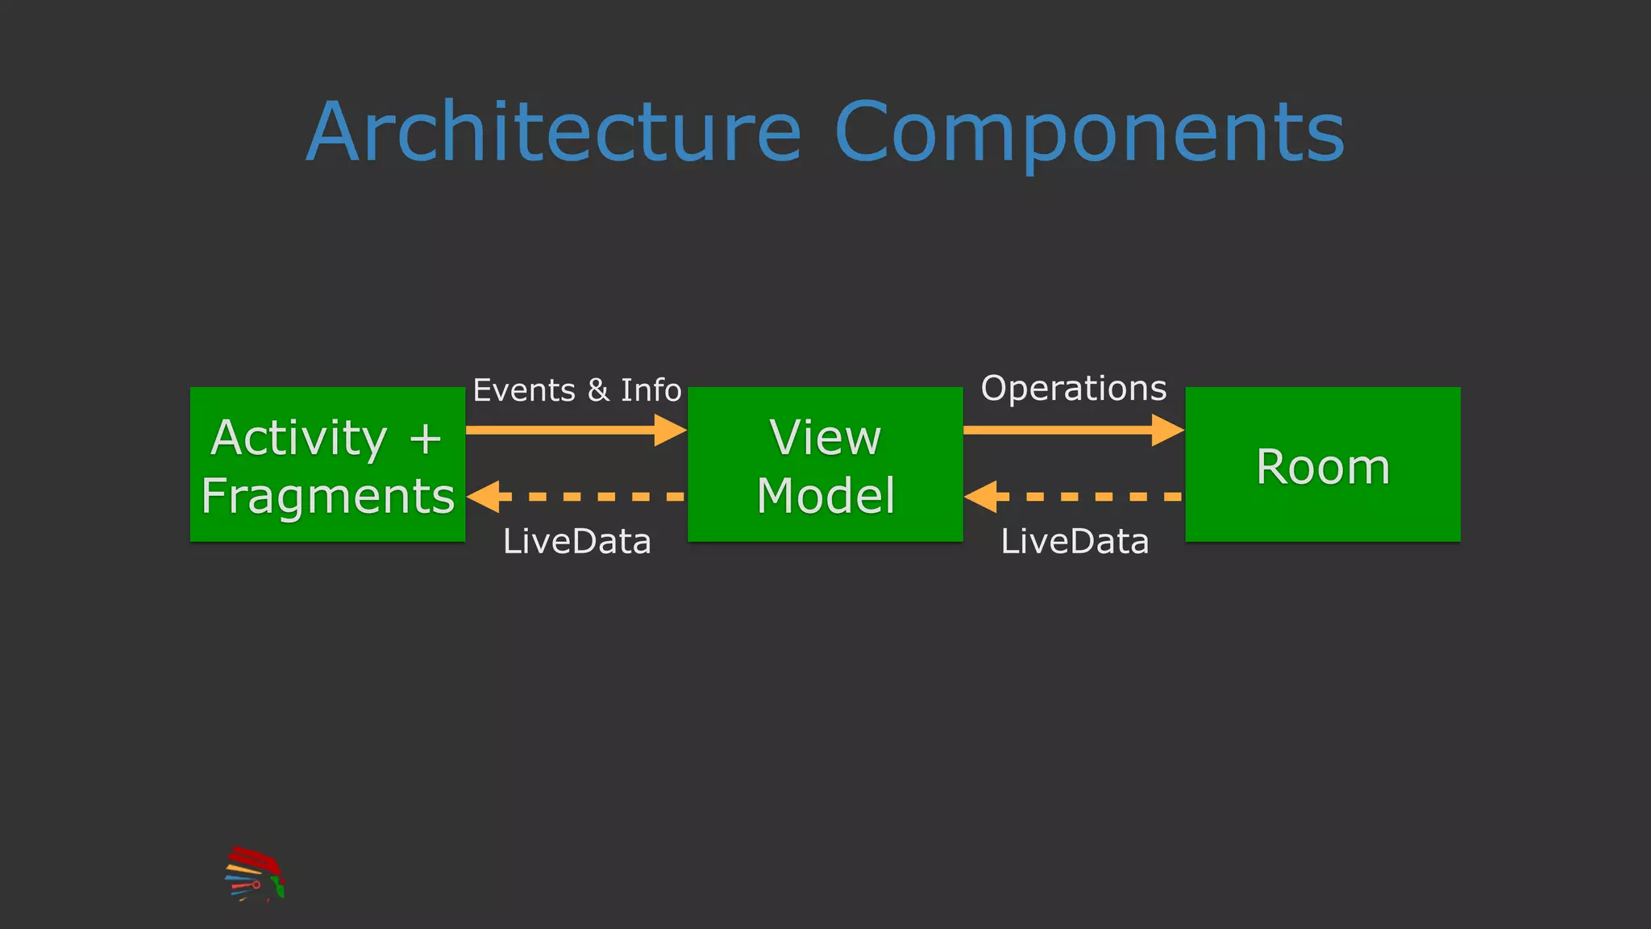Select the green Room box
tap(1322, 464)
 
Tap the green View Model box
tap(825, 464)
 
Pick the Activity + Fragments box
tap(327, 464)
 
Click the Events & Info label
tap(576, 390)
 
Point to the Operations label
tap(1073, 389)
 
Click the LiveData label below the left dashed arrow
tap(576, 541)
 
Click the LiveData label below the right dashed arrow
tap(1075, 541)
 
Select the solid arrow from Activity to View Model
tap(564, 430)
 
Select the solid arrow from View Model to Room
tap(1064, 430)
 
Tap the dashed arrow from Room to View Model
tap(1080, 497)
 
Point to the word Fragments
tap(327, 495)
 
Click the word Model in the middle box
tap(825, 495)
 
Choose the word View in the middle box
tap(825, 438)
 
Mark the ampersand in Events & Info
tap(598, 390)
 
